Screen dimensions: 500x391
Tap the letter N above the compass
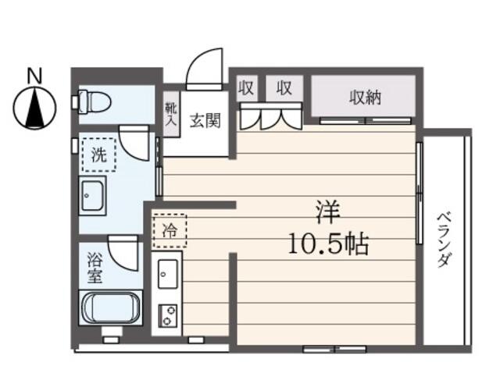click(34, 76)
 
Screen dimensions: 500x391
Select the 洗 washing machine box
click(99, 155)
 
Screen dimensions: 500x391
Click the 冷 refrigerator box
click(170, 230)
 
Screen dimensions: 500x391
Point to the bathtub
click(111, 307)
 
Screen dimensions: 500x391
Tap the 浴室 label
click(95, 268)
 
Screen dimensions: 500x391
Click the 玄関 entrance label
click(205, 121)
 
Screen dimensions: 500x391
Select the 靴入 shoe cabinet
click(172, 115)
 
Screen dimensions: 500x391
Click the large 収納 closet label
click(365, 98)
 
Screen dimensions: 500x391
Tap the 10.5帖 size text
click(328, 243)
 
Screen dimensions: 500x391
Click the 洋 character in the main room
click(328, 211)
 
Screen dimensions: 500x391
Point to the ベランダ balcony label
click(445, 240)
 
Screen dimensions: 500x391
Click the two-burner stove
click(168, 315)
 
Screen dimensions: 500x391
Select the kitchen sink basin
click(167, 274)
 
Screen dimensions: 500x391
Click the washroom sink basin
click(92, 194)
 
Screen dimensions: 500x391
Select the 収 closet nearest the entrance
click(247, 88)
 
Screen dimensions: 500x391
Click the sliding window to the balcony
click(420, 193)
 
